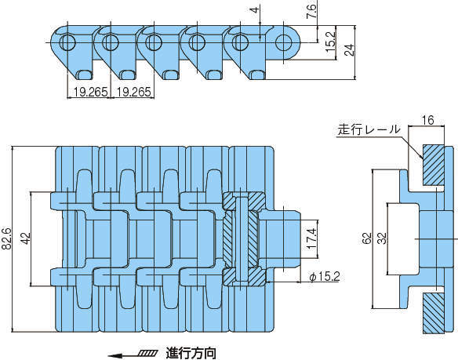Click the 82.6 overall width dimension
tap(7, 238)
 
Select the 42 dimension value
tap(26, 238)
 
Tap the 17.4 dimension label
tap(311, 238)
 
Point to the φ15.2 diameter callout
tap(325, 276)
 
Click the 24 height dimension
tap(349, 49)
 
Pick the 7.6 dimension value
tap(311, 11)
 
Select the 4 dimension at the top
tap(255, 10)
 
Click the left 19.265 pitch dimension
tap(90, 92)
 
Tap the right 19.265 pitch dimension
tap(134, 92)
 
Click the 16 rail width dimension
tap(428, 120)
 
